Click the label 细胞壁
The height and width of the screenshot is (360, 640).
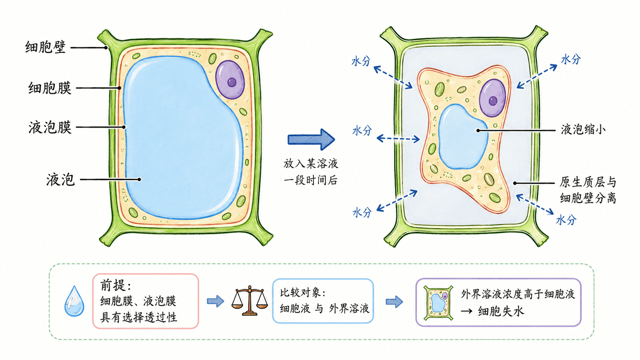point(46,47)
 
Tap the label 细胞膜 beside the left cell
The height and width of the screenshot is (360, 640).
point(50,88)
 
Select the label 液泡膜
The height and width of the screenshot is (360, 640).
point(50,127)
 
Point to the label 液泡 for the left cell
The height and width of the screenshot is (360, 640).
point(60,180)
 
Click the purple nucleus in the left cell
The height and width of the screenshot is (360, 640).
point(230,80)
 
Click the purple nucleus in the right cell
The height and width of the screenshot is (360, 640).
point(492,98)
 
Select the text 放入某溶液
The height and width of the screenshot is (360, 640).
point(311,164)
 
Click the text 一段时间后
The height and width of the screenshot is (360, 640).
point(311,180)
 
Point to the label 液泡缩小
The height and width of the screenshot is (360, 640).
point(583,130)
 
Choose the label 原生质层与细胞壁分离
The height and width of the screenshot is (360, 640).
point(588,190)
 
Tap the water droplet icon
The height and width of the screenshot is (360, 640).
point(74,301)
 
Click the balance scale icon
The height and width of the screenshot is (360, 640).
point(250,301)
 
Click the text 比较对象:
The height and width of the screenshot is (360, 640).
point(302,293)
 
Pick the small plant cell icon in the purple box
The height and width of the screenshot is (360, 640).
point(438,303)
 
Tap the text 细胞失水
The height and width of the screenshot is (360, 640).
point(501,311)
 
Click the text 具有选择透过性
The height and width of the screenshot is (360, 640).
point(139,317)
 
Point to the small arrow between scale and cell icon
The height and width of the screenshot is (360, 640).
point(394,301)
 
